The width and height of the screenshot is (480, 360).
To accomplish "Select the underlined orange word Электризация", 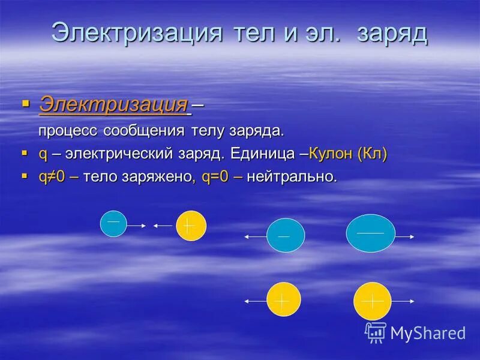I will point(113,104).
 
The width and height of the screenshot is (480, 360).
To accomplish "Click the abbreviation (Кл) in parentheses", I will point(372,154).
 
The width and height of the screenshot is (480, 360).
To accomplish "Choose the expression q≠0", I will point(52,177).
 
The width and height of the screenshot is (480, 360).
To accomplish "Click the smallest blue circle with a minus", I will point(113,224).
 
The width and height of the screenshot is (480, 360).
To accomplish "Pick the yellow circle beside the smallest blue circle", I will point(191,226).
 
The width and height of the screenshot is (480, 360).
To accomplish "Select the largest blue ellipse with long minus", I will point(371,233).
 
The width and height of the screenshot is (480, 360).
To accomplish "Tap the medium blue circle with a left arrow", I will point(285,235).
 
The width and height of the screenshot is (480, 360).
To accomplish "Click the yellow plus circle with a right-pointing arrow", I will point(372,301).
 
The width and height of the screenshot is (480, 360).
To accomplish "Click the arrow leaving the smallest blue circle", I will point(136,226).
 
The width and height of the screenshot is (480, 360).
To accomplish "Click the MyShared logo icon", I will point(376,332).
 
